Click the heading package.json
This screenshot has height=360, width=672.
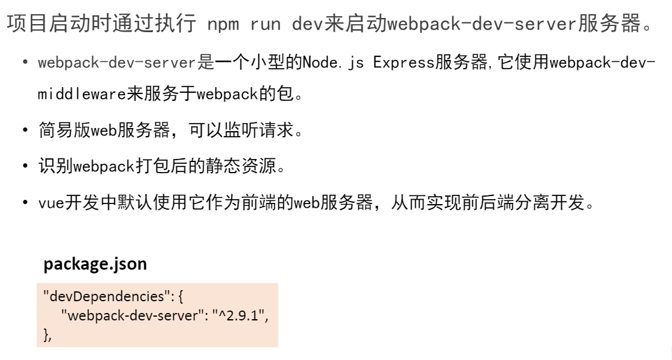(x=95, y=264)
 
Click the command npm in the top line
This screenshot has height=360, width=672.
(x=223, y=24)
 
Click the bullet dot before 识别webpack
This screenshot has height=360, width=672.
(x=25, y=166)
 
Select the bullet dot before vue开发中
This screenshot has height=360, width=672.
(x=25, y=203)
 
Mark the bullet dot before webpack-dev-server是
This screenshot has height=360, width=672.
(x=25, y=63)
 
